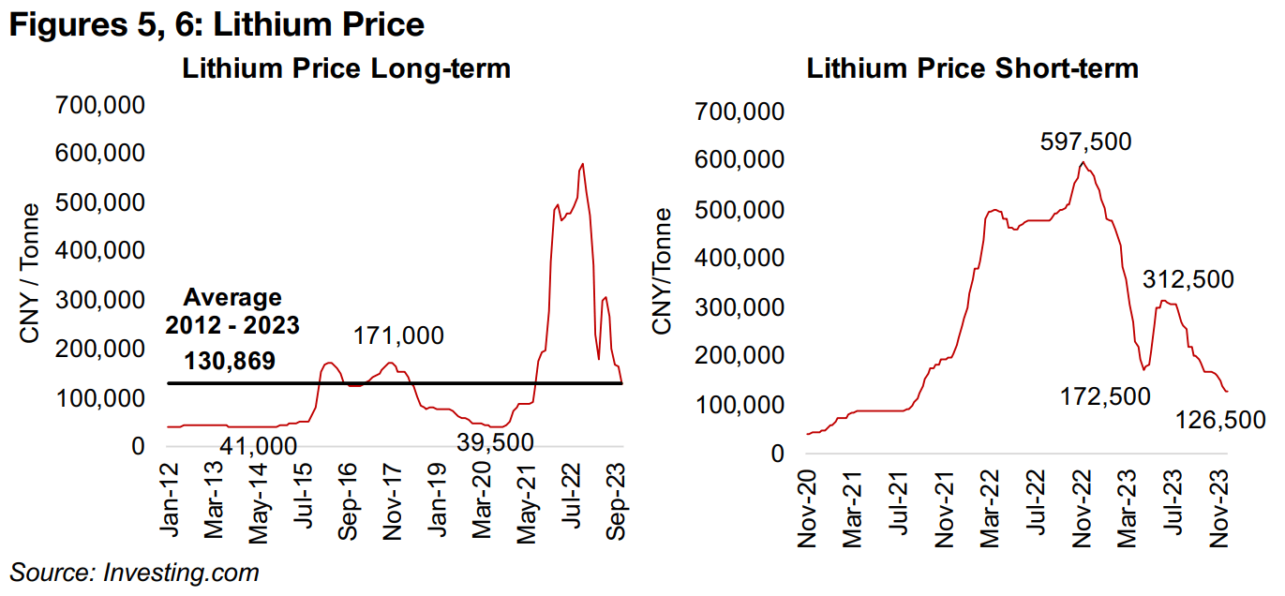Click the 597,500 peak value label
(1086, 142)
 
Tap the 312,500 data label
(1188, 278)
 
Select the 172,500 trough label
(1105, 397)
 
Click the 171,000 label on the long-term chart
(399, 336)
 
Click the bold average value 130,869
(230, 362)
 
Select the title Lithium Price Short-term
(973, 68)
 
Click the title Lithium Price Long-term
(347, 68)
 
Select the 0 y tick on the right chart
(777, 454)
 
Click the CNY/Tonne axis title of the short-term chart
(664, 272)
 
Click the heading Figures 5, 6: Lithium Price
(217, 25)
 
